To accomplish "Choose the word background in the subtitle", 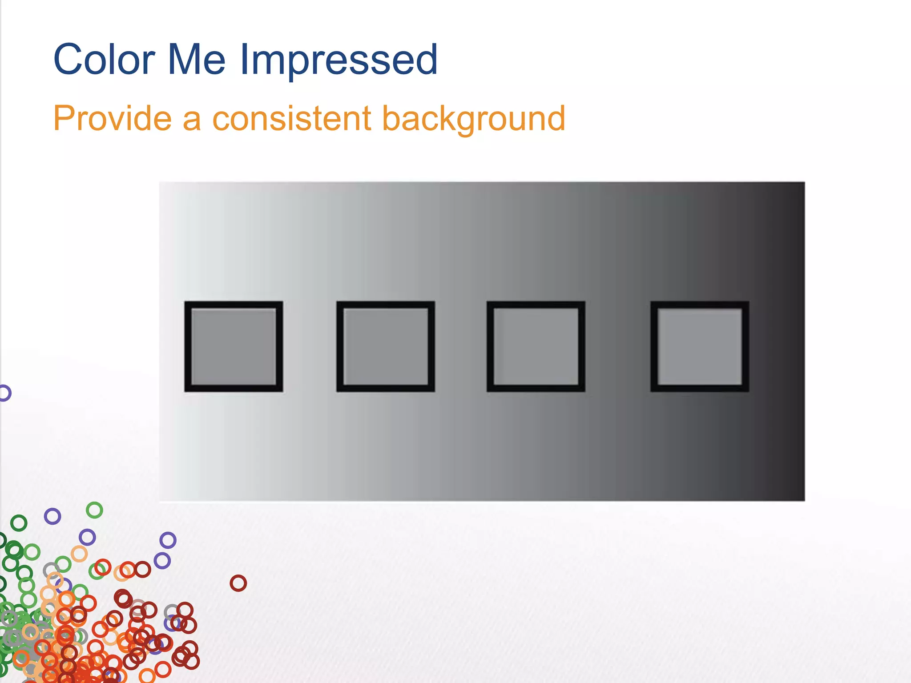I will tap(473, 119).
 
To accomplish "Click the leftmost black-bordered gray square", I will tap(234, 346).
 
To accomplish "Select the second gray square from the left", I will tap(385, 346).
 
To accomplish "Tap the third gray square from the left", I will tap(536, 346).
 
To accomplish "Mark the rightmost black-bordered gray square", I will tap(699, 346).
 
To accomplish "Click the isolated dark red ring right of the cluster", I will tap(238, 583).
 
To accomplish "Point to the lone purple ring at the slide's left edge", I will tap(4, 393).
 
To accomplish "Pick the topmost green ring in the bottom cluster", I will tap(94, 510).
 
